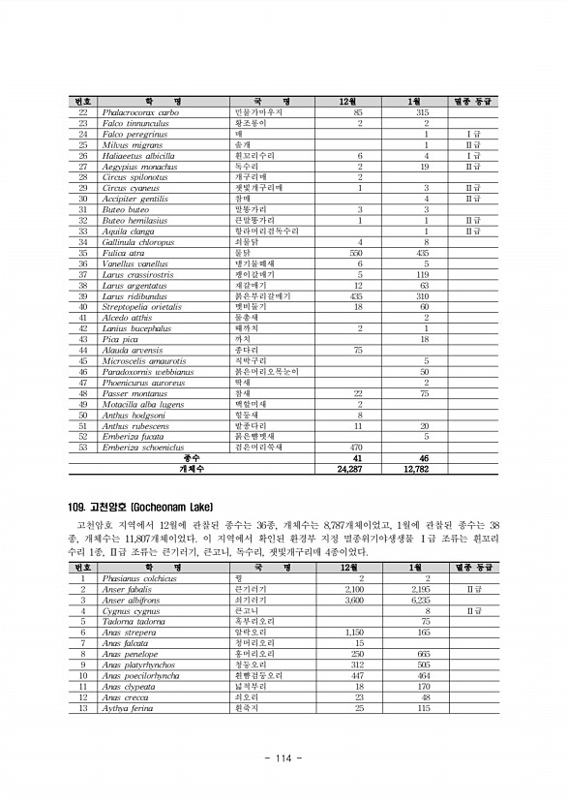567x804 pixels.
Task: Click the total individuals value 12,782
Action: coord(415,468)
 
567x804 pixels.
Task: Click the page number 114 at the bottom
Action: coord(283,758)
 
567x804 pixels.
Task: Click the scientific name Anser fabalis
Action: coord(127,588)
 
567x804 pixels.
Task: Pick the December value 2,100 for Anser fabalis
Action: coord(353,588)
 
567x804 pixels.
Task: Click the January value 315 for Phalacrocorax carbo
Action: coord(423,113)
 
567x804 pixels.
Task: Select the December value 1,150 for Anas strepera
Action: coord(354,632)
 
